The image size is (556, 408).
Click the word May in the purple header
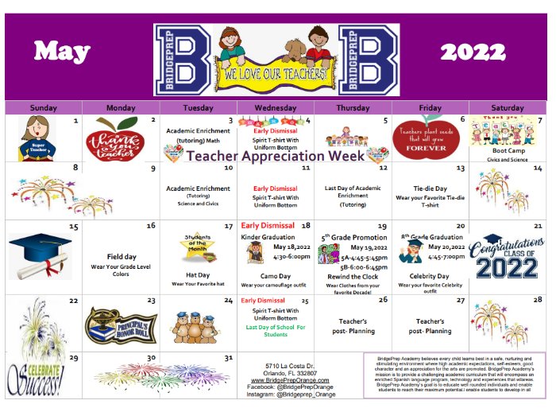coord(62,52)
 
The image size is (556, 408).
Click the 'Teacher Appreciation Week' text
coord(276,157)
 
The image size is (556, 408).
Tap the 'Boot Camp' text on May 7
coord(507,150)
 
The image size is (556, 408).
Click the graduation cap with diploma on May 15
coord(40,254)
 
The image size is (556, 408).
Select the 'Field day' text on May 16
coord(121,257)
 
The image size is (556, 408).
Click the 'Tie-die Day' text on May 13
coord(430,189)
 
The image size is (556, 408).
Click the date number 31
coord(229,358)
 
